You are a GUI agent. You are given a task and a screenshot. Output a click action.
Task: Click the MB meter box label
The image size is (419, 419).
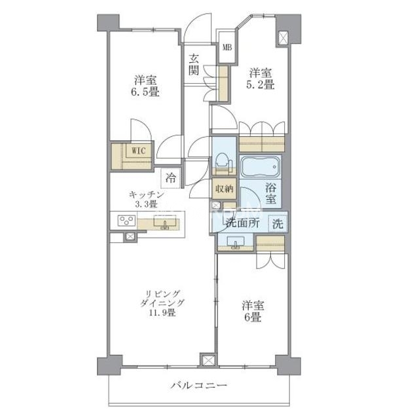227,48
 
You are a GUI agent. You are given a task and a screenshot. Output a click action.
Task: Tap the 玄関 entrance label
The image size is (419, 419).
194,64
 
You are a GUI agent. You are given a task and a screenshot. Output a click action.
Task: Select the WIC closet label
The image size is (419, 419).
139,151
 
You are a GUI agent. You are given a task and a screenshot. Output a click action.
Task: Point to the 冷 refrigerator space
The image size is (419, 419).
171,178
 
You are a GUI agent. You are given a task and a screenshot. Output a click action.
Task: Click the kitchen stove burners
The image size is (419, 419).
126,220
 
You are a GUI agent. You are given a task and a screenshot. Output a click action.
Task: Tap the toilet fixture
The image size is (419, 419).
222,163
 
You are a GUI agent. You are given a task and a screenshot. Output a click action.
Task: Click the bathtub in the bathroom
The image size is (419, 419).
261,167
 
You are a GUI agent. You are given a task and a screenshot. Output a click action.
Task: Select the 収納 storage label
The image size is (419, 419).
224,189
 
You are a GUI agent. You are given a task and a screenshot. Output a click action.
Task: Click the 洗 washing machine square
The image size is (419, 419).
278,223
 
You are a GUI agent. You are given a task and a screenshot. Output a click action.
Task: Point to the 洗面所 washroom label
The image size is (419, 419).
242,223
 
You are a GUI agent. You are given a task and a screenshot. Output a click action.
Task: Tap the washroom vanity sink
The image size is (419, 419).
235,242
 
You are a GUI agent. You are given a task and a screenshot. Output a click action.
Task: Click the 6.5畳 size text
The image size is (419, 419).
145,92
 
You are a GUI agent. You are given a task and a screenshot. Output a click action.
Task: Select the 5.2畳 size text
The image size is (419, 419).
261,84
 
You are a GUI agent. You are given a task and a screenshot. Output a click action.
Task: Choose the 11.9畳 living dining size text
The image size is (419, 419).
162,312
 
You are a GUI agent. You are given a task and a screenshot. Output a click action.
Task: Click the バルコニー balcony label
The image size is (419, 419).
199,385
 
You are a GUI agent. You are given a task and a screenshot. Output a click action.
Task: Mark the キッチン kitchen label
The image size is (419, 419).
147,195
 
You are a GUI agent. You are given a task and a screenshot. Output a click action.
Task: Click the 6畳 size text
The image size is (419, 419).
253,318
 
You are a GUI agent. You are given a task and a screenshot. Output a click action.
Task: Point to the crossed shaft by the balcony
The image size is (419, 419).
208,361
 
